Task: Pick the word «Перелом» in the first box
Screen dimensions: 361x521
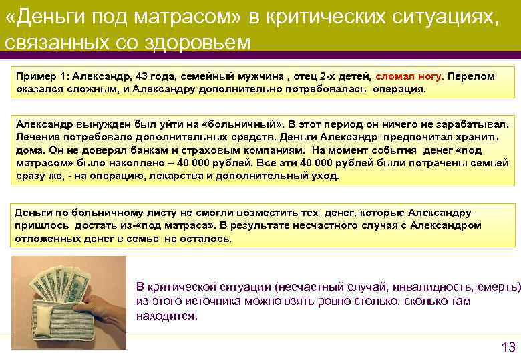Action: click(x=472, y=76)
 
